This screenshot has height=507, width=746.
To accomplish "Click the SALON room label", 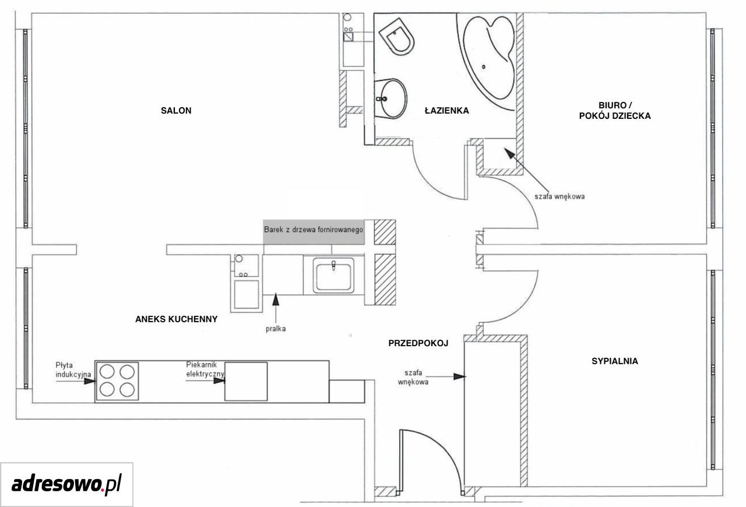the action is (x=176, y=111).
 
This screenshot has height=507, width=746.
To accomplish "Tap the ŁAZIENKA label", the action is (x=446, y=110).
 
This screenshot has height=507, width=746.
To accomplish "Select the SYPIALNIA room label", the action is (x=615, y=361).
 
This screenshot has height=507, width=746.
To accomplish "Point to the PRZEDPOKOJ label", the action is (x=418, y=343).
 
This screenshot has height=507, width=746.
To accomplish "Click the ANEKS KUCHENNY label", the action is (x=176, y=319).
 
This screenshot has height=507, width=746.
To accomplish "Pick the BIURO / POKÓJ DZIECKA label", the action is (x=615, y=111).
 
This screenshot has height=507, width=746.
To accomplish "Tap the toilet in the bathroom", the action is (x=397, y=36).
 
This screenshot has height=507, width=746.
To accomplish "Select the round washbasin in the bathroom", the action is (x=391, y=98).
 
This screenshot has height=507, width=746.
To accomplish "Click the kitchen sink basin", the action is (x=333, y=276).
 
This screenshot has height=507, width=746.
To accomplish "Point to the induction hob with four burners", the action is (x=117, y=381).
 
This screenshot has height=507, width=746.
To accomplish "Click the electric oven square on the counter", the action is (x=246, y=382).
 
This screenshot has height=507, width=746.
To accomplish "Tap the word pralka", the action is (x=276, y=329).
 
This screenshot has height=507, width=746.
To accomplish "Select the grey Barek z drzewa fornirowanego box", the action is (x=314, y=232).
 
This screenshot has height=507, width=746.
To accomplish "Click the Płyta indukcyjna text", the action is (x=73, y=369).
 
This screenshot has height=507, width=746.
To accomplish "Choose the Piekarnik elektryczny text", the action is (x=205, y=369).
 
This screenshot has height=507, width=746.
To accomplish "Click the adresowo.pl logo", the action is (x=66, y=484).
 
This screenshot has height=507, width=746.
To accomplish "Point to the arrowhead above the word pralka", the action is (x=276, y=300).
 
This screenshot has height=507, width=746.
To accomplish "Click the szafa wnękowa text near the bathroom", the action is (x=559, y=196).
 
